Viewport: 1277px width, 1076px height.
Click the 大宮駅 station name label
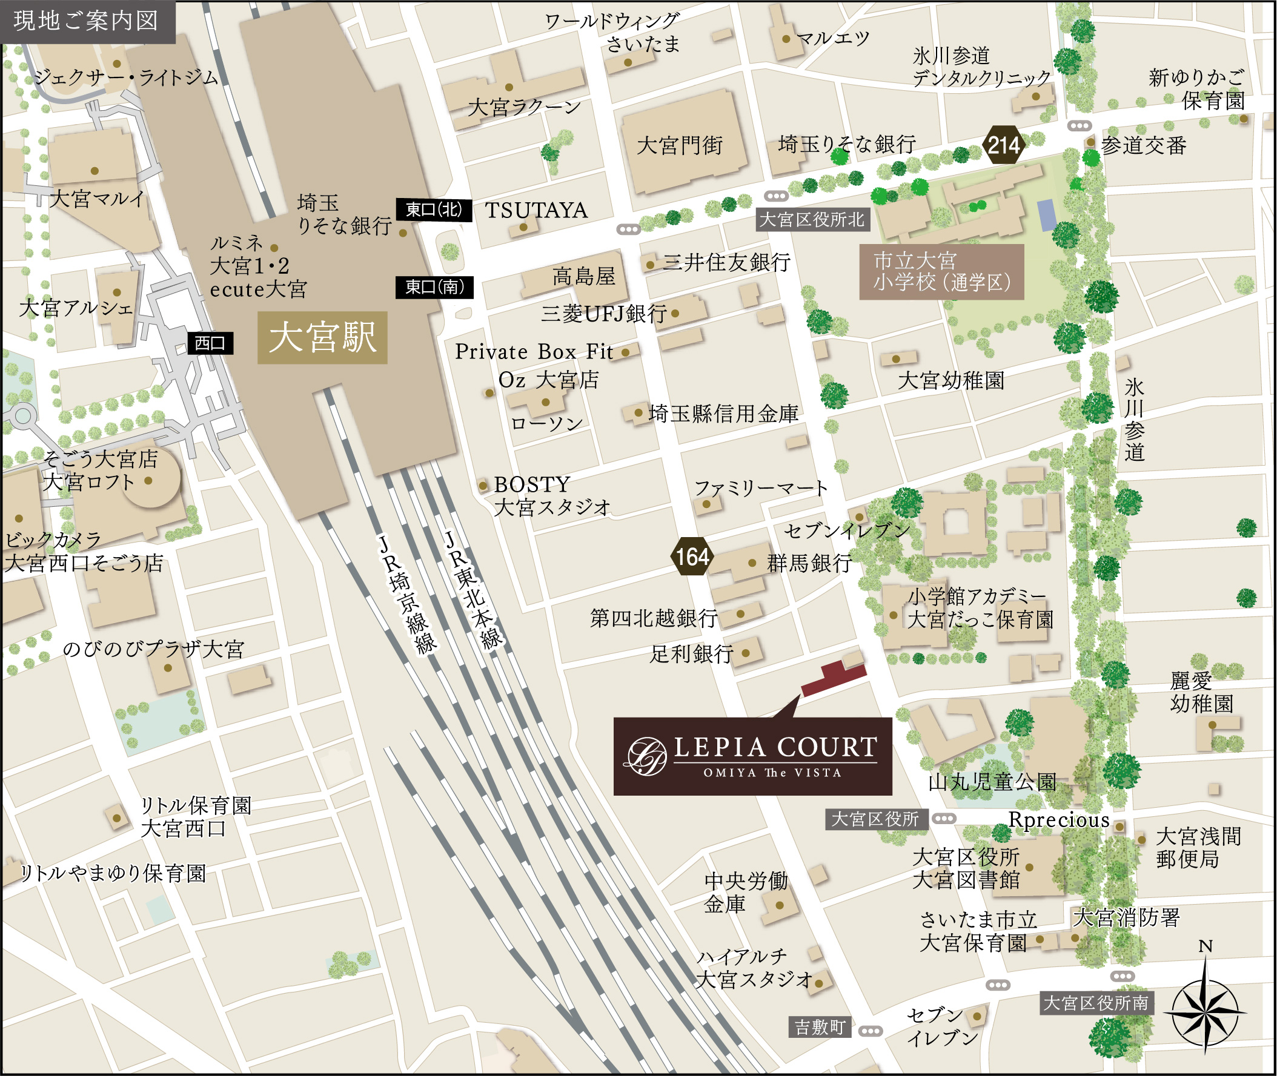point(322,338)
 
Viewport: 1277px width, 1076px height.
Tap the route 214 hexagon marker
point(1003,145)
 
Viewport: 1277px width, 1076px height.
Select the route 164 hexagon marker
point(692,556)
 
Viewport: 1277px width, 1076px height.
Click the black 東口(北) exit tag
point(434,210)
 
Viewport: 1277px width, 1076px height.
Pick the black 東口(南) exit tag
point(434,286)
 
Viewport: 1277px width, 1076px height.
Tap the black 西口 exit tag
point(210,343)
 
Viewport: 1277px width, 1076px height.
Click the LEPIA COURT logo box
point(752,756)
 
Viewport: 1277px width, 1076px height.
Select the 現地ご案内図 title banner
point(87,21)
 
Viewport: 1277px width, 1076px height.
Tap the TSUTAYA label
point(536,211)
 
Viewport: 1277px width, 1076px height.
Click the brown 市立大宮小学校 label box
point(941,271)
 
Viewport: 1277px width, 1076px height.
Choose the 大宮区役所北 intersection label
point(812,220)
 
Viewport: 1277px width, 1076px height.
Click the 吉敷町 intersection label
point(820,1027)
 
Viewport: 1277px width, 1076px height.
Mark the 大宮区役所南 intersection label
point(1096,1003)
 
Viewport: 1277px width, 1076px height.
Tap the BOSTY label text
point(531,485)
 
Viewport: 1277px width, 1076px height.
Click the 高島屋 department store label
point(583,276)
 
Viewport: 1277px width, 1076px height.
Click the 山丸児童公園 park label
point(992,782)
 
